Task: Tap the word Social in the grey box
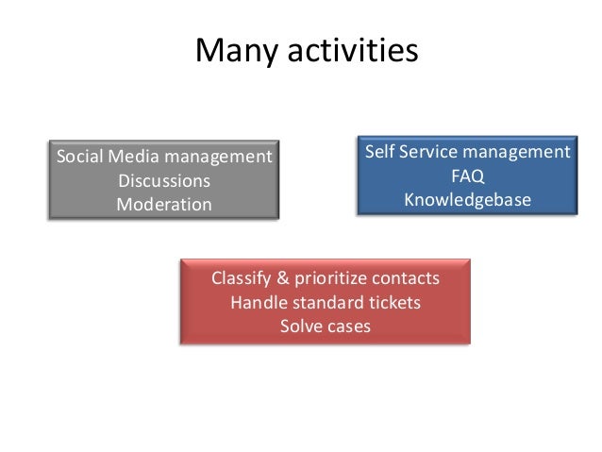[x=77, y=156]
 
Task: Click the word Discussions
[x=163, y=180]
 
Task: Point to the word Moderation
[x=163, y=204]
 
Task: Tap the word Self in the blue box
[x=379, y=152]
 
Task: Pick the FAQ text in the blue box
[x=467, y=176]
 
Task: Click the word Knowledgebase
[x=467, y=200]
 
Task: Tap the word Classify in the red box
[x=240, y=279]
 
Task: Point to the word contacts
[x=407, y=279]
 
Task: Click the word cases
[x=349, y=327]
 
